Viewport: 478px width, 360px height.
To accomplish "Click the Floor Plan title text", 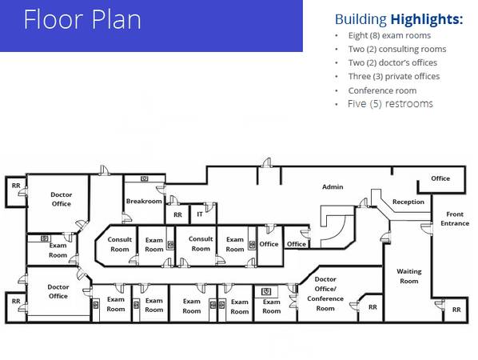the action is tap(82, 19).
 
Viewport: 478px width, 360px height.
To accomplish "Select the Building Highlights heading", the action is tap(399, 19).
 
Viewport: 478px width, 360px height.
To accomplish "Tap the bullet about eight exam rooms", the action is tap(389, 35).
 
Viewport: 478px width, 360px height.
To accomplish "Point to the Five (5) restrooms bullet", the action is tap(390, 104).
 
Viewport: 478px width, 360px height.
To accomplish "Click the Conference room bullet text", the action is tap(382, 90).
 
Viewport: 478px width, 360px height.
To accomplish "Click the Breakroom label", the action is tap(144, 202).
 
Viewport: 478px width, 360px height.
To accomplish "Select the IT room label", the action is tap(200, 214).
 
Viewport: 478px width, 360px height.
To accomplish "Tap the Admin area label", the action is tap(333, 186).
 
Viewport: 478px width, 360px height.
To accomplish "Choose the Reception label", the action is tap(408, 202).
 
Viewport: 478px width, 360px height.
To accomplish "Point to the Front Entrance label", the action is tap(455, 218).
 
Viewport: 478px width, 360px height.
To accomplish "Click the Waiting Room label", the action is tap(409, 276).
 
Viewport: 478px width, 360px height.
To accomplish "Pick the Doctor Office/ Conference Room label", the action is tap(325, 294).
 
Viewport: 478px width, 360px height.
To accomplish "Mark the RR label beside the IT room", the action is tap(177, 214).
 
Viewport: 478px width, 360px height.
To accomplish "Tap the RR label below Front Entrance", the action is tap(456, 310).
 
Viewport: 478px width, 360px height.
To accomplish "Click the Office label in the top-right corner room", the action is tap(440, 178).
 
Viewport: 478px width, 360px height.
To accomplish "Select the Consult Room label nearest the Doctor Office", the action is tap(120, 244).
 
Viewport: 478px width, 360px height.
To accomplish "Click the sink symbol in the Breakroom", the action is tap(145, 178).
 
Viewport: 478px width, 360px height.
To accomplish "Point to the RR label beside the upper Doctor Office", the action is tap(16, 186).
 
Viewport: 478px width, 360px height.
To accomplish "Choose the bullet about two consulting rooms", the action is tap(397, 49).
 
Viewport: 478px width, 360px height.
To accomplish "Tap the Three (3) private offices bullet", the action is tap(394, 76).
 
